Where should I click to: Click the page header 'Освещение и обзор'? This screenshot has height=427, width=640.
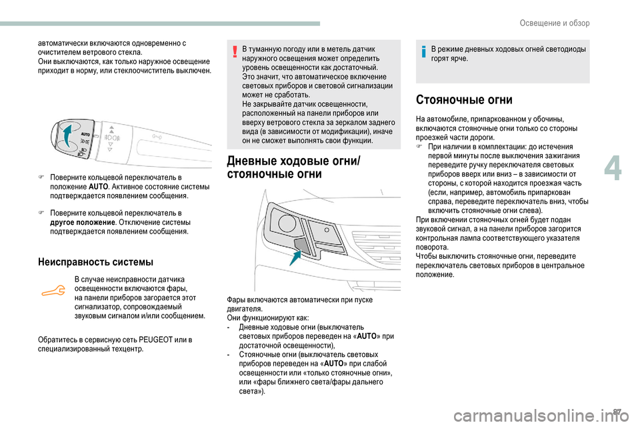[555, 23]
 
